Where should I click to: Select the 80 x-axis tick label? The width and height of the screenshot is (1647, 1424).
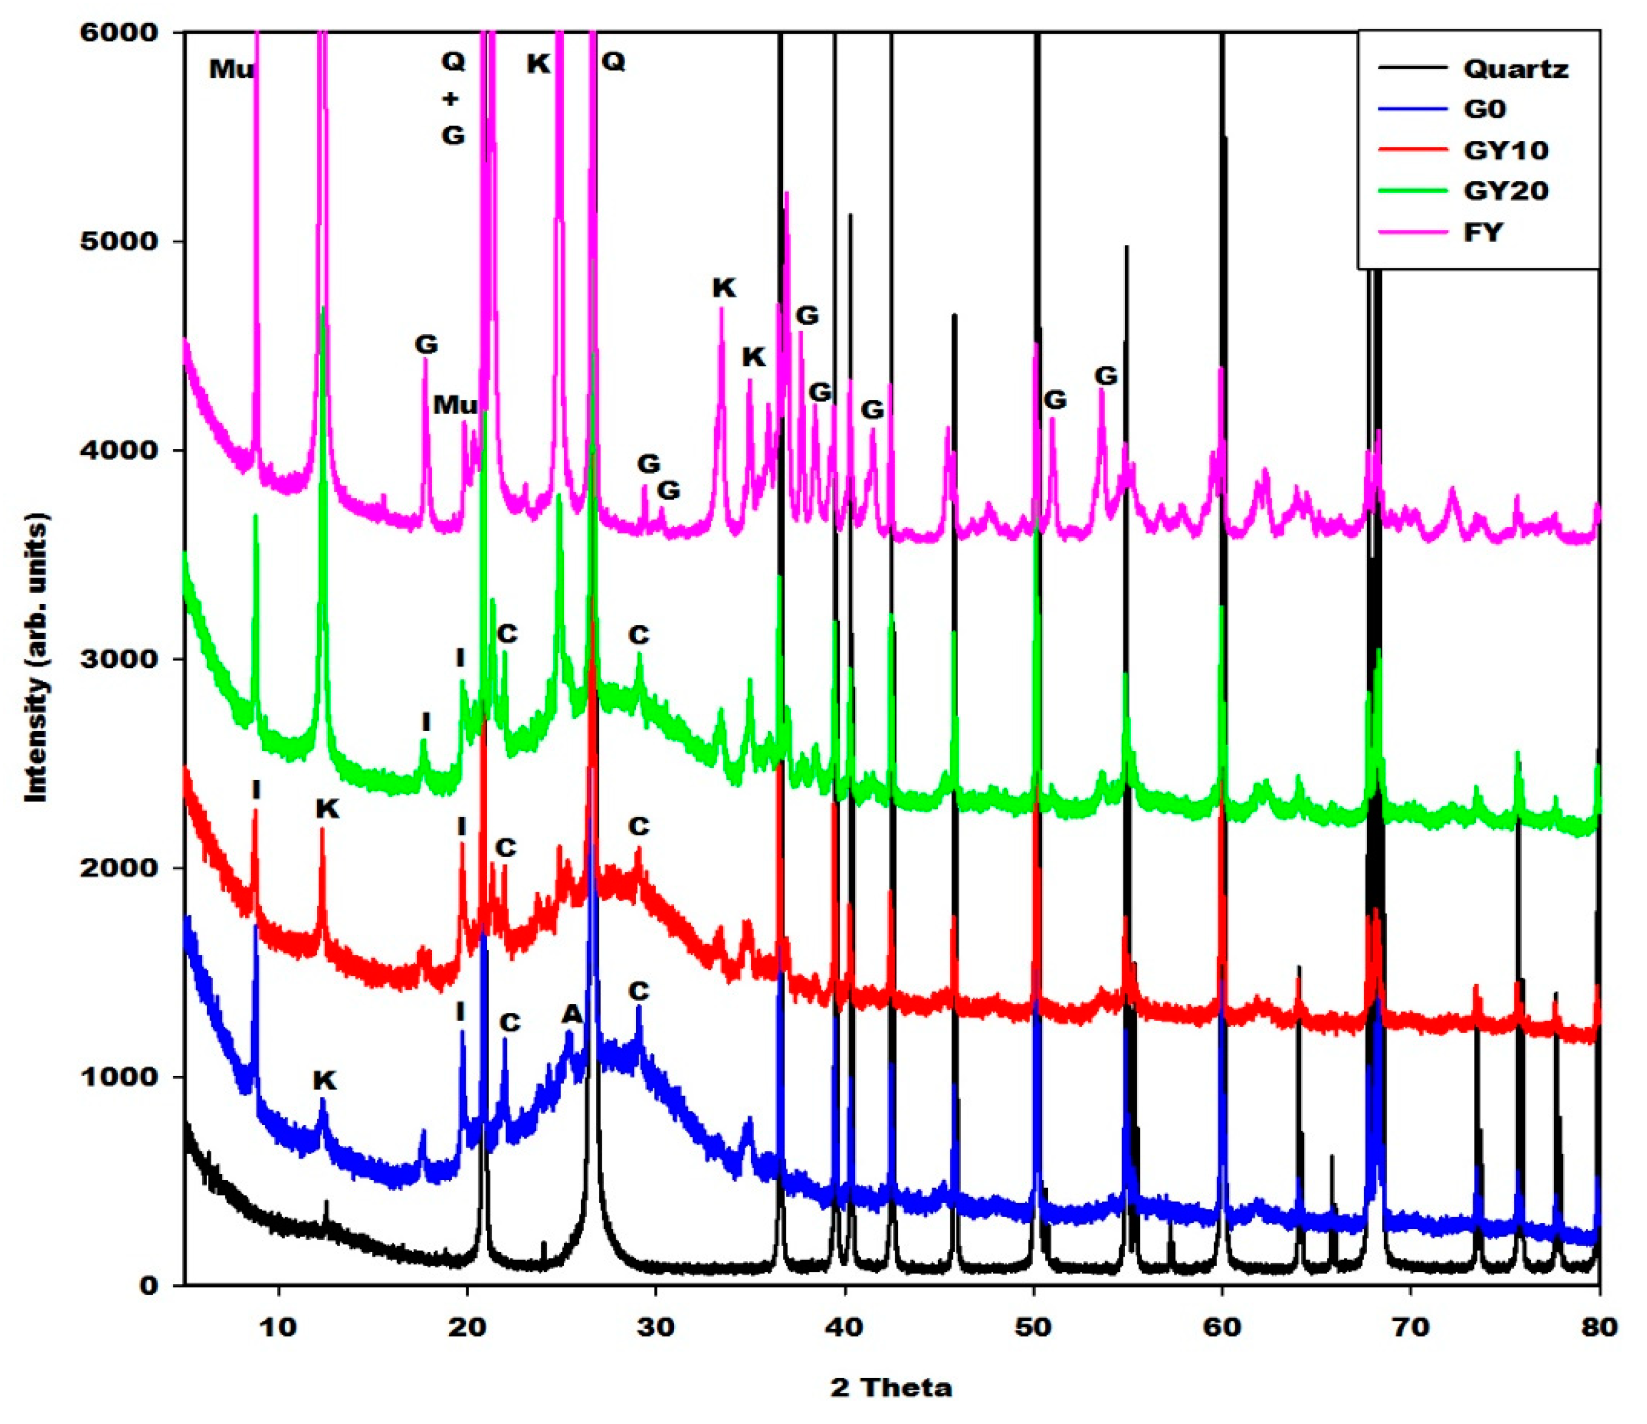tap(1599, 1327)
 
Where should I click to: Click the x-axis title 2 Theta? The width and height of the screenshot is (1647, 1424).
tap(891, 1388)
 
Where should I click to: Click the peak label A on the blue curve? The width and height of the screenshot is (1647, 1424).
tap(572, 1014)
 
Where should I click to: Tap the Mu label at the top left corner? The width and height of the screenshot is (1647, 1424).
tap(232, 70)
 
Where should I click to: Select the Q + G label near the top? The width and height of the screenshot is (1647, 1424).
tap(452, 99)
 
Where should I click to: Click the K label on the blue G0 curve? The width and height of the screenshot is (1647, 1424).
tap(324, 1080)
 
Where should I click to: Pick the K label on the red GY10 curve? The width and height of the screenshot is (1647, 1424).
tap(327, 808)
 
